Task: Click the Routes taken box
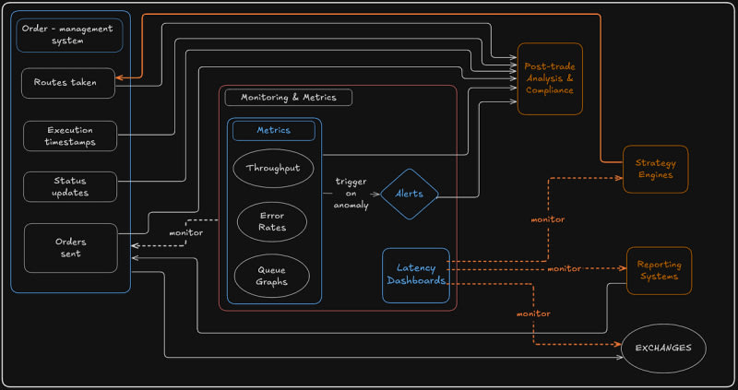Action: pos(70,82)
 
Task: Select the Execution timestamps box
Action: pos(70,136)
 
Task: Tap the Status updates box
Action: pos(70,185)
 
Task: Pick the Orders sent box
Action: pos(70,247)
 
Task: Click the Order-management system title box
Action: pos(70,35)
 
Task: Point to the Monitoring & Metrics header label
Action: pos(288,97)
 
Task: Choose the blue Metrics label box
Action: pos(274,131)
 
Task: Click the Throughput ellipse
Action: pos(274,169)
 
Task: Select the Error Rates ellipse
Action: pos(274,221)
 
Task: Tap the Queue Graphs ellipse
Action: pos(274,275)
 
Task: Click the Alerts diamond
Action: pos(409,195)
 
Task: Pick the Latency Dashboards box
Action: pos(416,275)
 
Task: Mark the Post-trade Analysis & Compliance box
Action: pos(549,78)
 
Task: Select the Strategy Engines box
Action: pos(655,169)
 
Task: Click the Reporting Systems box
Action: pos(659,270)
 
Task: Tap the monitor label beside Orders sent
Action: pos(185,232)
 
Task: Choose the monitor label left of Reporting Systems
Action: pos(564,268)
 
